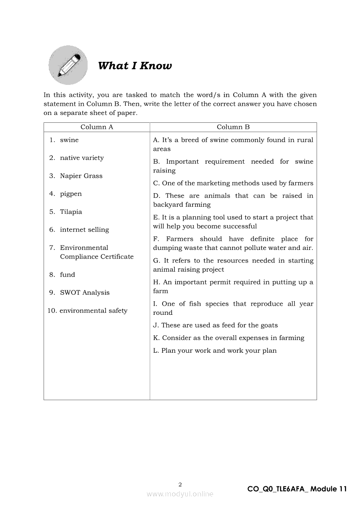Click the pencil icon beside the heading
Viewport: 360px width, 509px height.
(68, 65)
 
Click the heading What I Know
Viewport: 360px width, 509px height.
(135, 66)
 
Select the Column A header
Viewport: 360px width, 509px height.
(97, 127)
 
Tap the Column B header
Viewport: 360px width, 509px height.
(233, 127)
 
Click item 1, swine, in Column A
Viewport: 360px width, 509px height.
(69, 140)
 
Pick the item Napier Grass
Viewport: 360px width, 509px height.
(81, 176)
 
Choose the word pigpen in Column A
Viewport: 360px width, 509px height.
(71, 194)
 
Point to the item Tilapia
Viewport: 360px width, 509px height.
(71, 212)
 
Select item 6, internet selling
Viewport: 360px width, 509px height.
(84, 229)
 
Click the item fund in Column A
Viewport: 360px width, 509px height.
(68, 275)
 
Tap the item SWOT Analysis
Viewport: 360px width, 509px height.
(85, 293)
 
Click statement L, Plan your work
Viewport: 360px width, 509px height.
(215, 351)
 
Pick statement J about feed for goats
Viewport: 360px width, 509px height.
(215, 325)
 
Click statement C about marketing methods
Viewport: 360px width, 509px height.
(233, 183)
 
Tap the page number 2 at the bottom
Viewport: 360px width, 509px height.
(180, 484)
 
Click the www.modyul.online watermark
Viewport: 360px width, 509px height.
(180, 494)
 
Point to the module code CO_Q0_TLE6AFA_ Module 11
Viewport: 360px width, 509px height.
(297, 489)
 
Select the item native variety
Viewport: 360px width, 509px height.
(82, 158)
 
